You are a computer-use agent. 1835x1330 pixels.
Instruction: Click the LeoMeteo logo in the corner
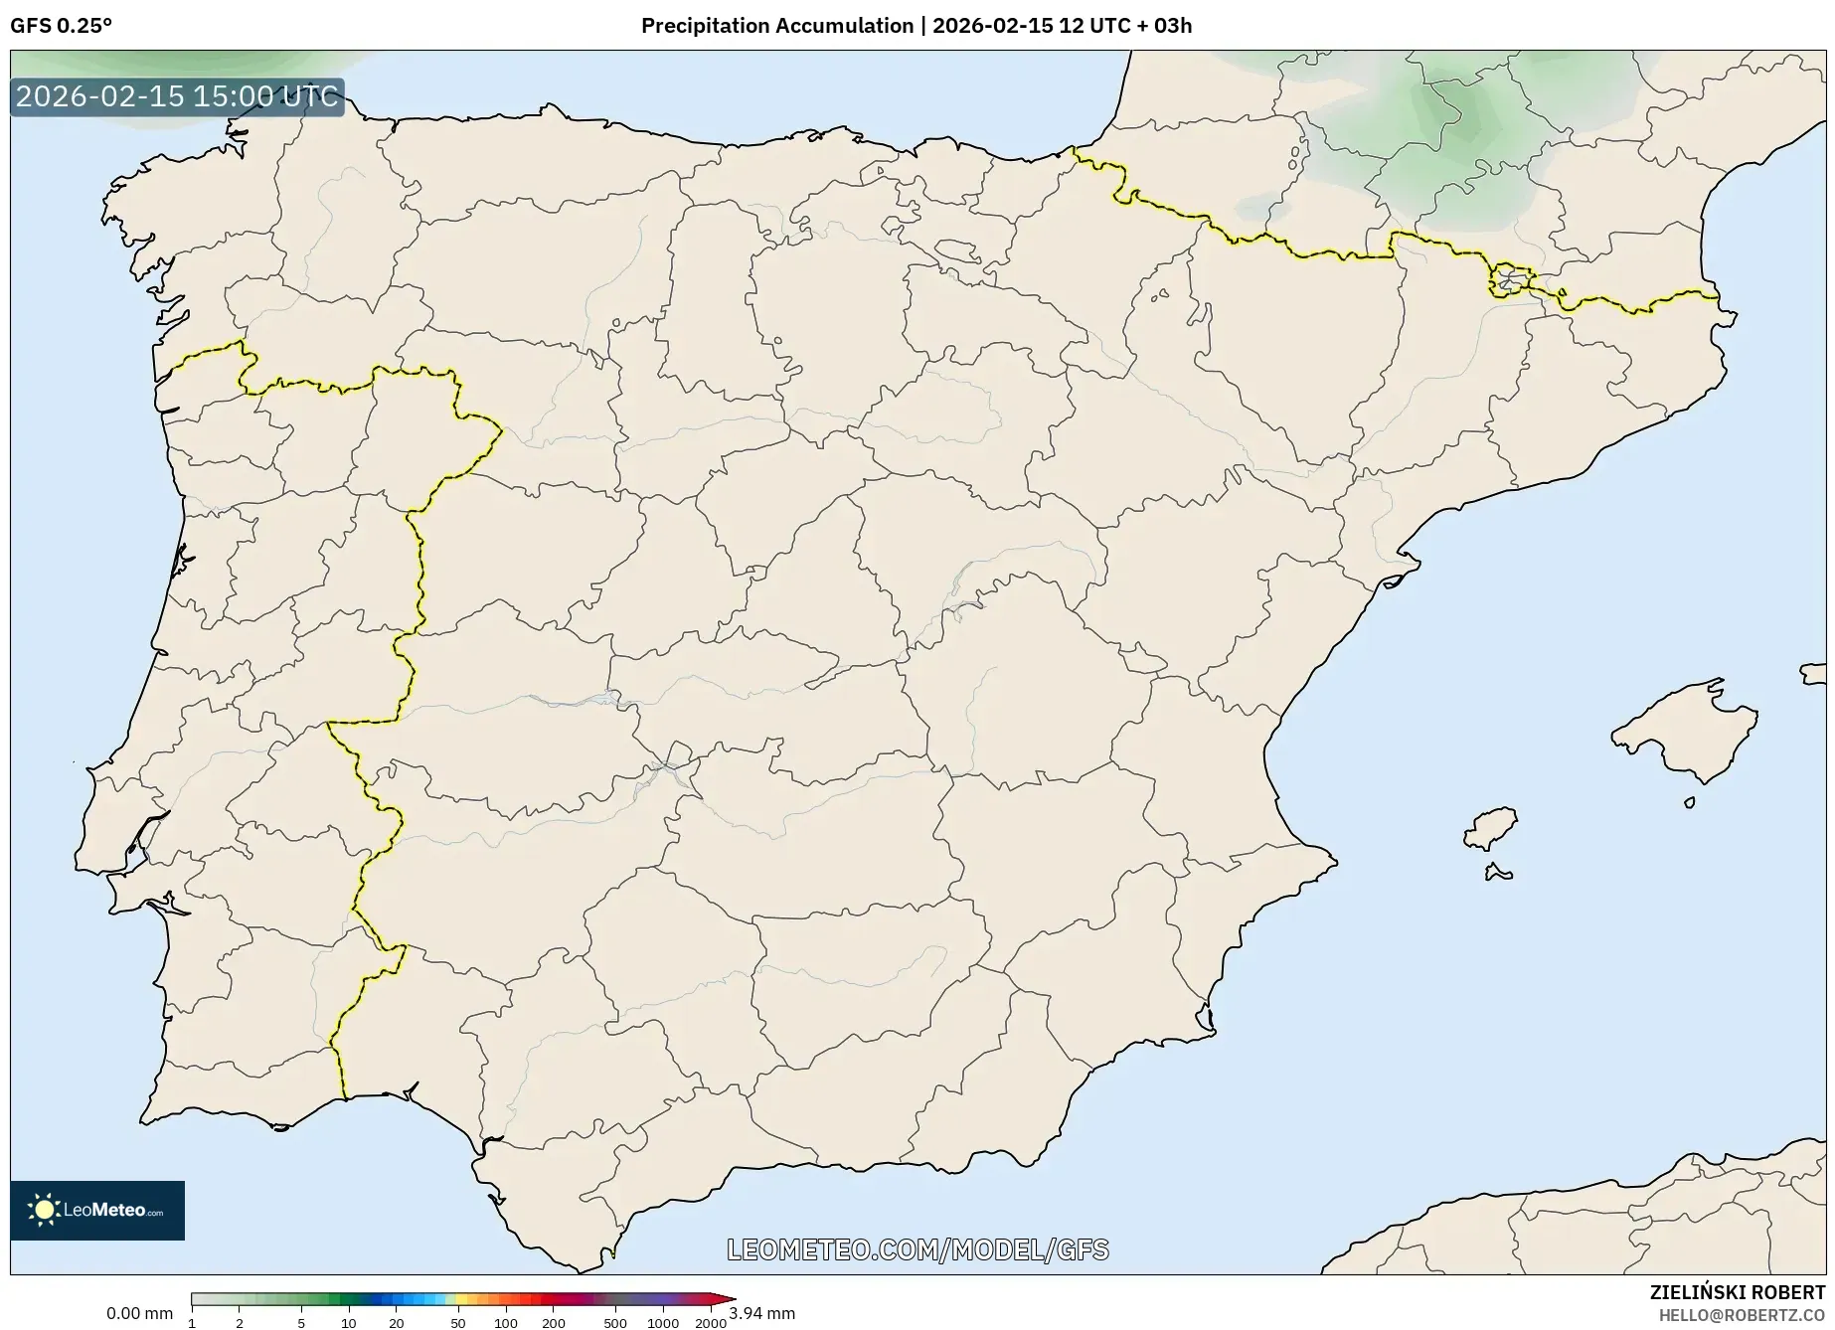[97, 1210]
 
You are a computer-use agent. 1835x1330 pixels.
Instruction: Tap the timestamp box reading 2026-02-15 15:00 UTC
[177, 97]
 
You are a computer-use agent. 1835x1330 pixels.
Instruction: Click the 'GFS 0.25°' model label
[61, 26]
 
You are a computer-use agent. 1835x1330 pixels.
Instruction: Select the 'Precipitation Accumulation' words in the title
[776, 26]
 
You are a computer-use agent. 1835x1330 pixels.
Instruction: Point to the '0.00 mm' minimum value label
[139, 1313]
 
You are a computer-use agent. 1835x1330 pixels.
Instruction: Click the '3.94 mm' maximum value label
[762, 1313]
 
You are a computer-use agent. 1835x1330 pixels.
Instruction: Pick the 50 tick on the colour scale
[457, 1322]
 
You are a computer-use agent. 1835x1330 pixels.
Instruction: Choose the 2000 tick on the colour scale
[710, 1322]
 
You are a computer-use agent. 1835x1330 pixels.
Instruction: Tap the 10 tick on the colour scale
[348, 1322]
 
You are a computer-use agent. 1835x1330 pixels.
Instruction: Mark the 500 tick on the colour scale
[615, 1322]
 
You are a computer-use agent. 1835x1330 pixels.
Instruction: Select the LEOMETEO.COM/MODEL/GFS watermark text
[917, 1249]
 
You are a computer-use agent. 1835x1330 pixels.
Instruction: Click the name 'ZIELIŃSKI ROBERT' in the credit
[1738, 1293]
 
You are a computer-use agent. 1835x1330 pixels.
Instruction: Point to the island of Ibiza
[1492, 826]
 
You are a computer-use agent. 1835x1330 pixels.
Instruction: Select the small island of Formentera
[1497, 874]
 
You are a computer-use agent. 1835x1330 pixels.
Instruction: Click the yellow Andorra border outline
[1509, 281]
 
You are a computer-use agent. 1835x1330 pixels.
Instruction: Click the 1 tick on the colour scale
[192, 1322]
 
